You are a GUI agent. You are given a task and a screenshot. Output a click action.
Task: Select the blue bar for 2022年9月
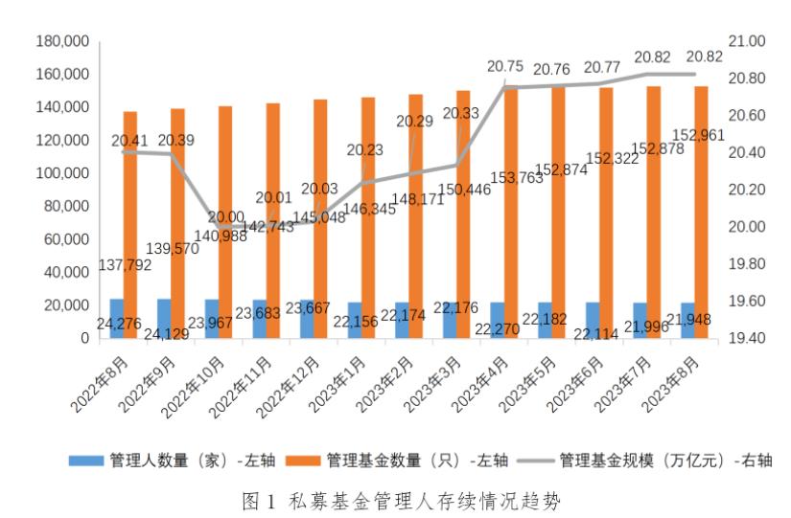click(164, 319)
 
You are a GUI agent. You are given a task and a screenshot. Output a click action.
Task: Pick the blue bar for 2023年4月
click(498, 321)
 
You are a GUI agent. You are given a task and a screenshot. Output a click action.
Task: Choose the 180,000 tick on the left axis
click(62, 41)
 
